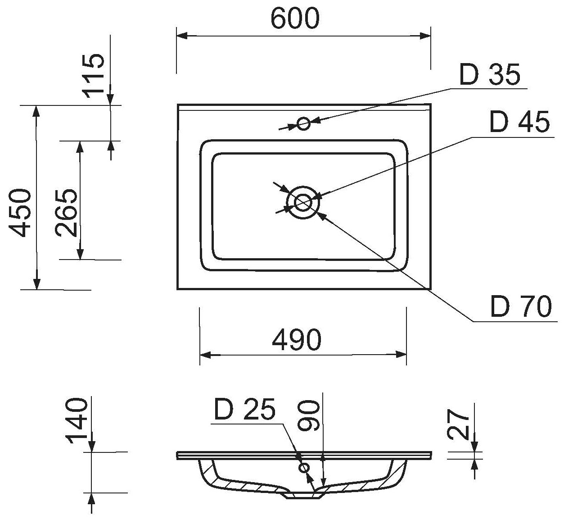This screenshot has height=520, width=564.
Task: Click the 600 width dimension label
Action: click(x=295, y=18)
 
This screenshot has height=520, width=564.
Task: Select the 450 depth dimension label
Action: click(x=21, y=213)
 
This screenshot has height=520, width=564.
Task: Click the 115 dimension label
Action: click(x=94, y=75)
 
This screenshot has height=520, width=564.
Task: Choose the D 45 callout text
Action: click(x=519, y=122)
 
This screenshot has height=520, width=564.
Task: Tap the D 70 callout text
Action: click(x=521, y=307)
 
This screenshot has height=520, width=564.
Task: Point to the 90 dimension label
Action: click(x=310, y=417)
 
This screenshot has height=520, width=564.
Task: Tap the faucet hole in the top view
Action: click(x=304, y=123)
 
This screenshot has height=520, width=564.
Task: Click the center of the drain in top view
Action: click(x=303, y=202)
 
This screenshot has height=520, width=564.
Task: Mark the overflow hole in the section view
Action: click(x=305, y=468)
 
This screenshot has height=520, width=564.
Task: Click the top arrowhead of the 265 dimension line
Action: click(x=80, y=146)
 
